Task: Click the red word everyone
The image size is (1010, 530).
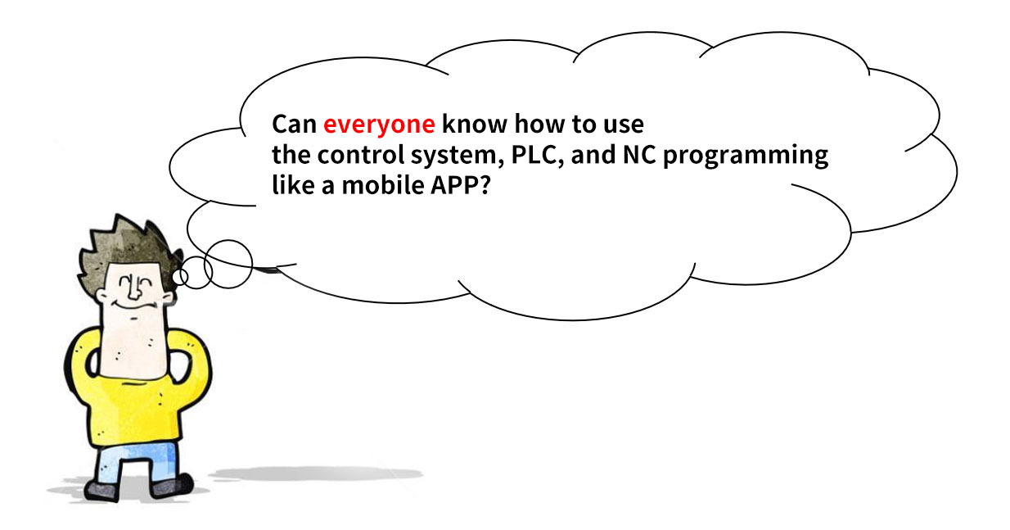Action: pos(379,125)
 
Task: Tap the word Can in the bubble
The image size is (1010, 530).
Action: pos(294,125)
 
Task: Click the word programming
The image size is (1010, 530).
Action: pos(746,156)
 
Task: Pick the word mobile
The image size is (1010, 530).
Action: pos(382,185)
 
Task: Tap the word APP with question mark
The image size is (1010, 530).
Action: pos(460,185)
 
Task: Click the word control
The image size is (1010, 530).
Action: pos(361,154)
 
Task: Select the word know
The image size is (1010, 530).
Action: pos(475,125)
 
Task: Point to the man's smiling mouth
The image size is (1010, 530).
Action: pos(133,306)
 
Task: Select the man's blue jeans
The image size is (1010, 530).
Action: pos(136,464)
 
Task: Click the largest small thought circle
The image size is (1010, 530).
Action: pos(228,264)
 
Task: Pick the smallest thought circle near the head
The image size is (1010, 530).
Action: pos(180,277)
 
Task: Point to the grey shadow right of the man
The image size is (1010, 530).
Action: pos(316,474)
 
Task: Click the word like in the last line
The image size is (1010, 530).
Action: pos(293,185)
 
